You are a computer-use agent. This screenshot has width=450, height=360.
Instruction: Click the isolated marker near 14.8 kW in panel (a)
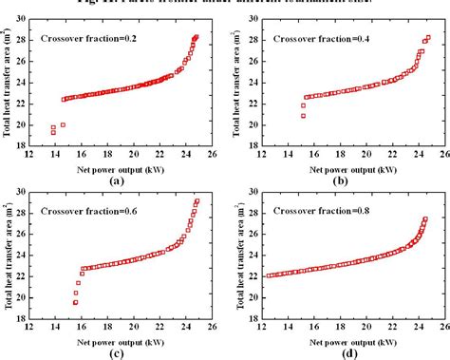pyautogui.click(x=63, y=124)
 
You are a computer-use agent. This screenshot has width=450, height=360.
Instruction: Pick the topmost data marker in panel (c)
pyautogui.click(x=197, y=200)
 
